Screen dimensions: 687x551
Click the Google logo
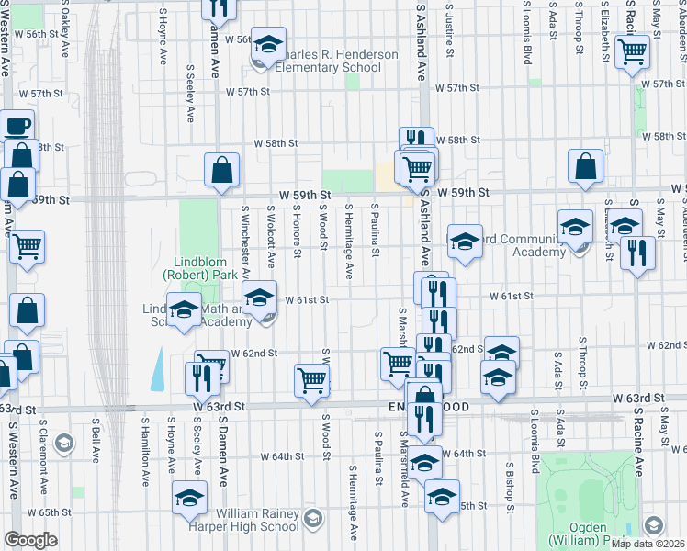(30, 540)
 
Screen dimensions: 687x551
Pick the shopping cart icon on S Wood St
(312, 380)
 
